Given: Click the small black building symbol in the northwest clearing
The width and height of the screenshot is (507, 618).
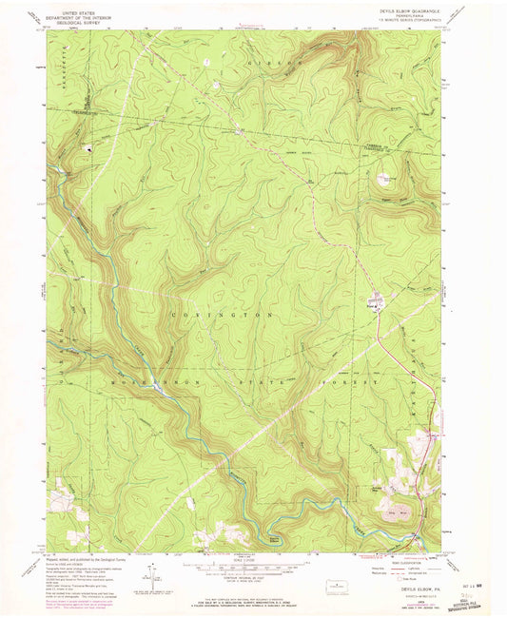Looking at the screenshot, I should (91, 147).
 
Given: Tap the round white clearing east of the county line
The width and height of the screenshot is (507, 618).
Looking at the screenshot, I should (388, 179).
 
